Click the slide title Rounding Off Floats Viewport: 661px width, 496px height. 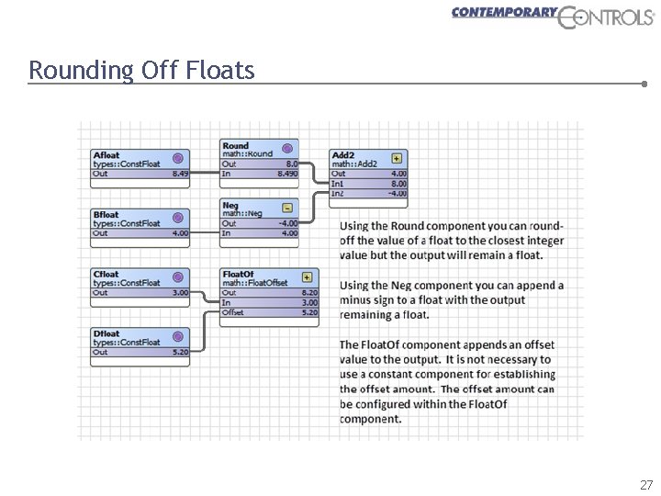[141, 70]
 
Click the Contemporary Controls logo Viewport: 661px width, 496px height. [552, 16]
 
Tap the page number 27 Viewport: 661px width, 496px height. [646, 484]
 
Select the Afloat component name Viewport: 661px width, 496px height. [106, 155]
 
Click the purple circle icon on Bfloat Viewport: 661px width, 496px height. [178, 218]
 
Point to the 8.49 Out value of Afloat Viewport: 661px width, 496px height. [179, 174]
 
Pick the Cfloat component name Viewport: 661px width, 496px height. [106, 274]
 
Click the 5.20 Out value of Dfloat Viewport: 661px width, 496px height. [179, 352]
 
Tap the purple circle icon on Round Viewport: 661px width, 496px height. [287, 147]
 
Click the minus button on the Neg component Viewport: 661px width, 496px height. [287, 208]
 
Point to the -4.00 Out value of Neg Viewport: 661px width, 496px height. [287, 223]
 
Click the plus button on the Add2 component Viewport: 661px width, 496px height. [397, 157]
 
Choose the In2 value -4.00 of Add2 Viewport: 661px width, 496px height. [397, 194]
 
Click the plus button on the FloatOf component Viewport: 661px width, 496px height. [307, 276]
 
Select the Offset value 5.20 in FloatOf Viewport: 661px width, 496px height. [309, 312]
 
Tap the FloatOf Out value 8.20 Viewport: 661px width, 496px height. [309, 293]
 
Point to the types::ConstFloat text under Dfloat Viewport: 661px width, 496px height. [127, 343]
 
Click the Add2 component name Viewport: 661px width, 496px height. [343, 155]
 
